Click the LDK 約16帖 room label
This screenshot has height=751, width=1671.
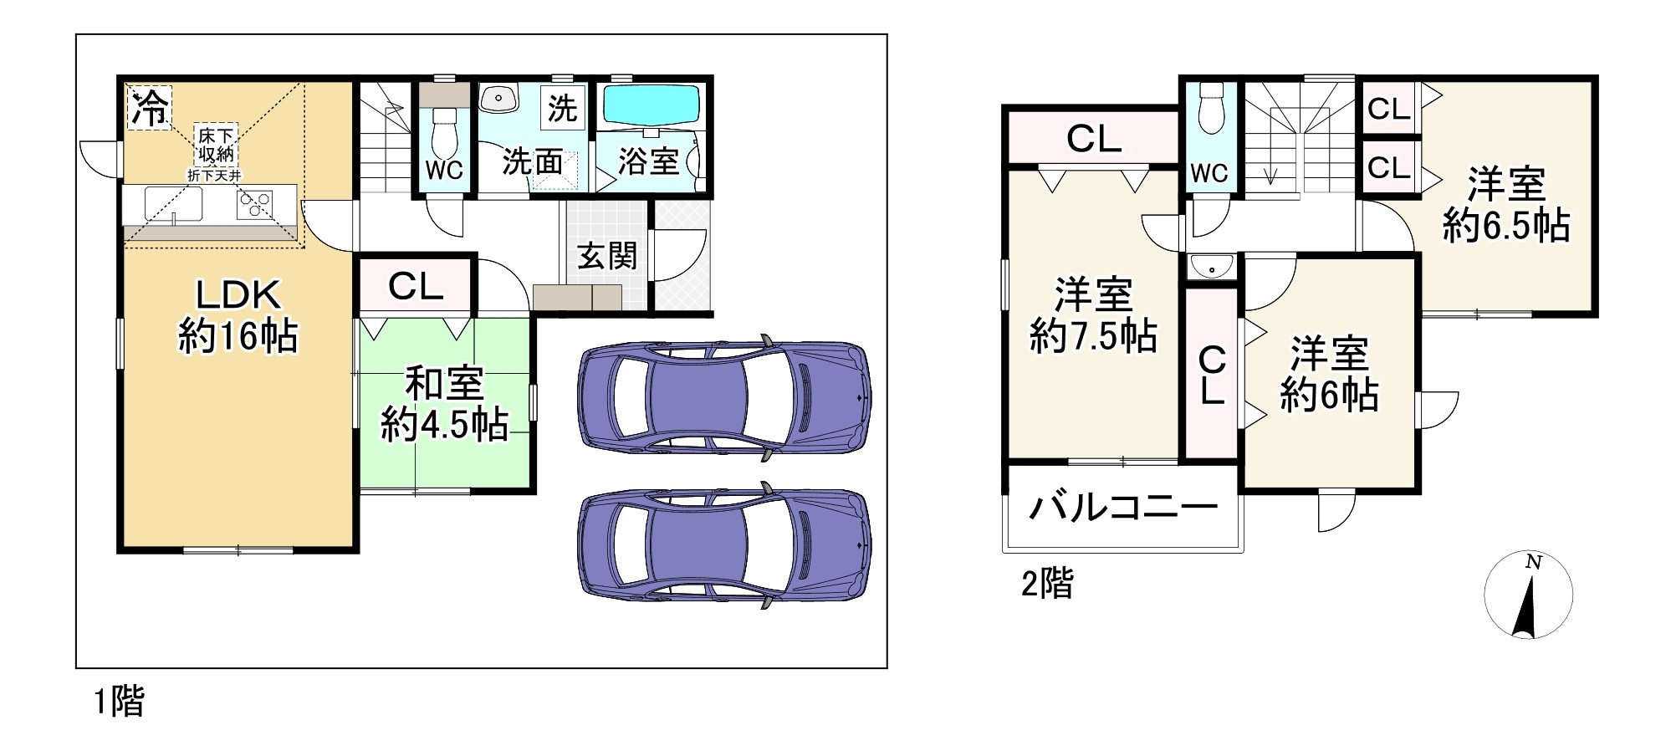pyautogui.click(x=238, y=316)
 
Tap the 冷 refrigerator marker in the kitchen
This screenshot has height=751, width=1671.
pyautogui.click(x=150, y=108)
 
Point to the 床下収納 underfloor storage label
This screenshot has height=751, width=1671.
pyautogui.click(x=216, y=145)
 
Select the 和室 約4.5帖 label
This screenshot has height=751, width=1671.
pyautogui.click(x=444, y=405)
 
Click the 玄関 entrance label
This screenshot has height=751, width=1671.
pyautogui.click(x=607, y=256)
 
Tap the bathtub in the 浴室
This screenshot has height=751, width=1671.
pyautogui.click(x=651, y=105)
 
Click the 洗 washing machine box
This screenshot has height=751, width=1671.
pyautogui.click(x=563, y=108)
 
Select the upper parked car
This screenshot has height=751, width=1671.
pyautogui.click(x=724, y=398)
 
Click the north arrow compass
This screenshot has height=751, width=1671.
pyautogui.click(x=1528, y=596)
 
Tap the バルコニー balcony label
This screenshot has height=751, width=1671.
pyautogui.click(x=1122, y=508)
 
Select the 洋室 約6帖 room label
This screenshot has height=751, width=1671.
pyautogui.click(x=1329, y=374)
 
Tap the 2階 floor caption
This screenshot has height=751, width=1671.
pyautogui.click(x=1047, y=584)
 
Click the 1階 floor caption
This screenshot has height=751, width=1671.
pyautogui.click(x=119, y=701)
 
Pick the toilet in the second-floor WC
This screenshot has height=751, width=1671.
pyautogui.click(x=1209, y=110)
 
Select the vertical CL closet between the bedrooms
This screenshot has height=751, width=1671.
pyautogui.click(x=1212, y=374)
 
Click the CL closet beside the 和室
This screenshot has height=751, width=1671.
pyautogui.click(x=416, y=286)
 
